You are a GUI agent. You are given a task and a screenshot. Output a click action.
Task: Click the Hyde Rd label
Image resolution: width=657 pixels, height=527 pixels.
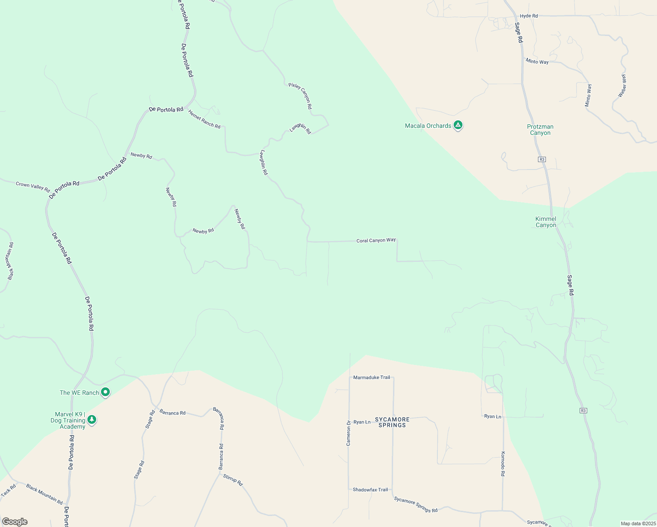pyautogui.click(x=529, y=16)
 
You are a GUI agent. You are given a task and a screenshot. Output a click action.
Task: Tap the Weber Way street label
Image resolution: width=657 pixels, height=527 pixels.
pyautogui.click(x=622, y=86)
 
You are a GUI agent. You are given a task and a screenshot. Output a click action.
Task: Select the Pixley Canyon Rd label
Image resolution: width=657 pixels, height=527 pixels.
pyautogui.click(x=300, y=96)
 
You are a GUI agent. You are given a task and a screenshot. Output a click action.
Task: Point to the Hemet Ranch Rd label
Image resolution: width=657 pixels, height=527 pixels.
pyautogui.click(x=204, y=119)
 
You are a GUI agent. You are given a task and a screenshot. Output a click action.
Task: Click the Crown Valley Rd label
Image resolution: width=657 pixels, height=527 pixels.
pyautogui.click(x=32, y=186)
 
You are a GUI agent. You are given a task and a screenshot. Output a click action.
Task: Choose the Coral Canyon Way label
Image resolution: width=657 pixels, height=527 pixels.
pyautogui.click(x=376, y=241)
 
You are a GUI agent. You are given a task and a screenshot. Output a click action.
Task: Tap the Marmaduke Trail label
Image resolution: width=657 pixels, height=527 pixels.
pyautogui.click(x=372, y=377)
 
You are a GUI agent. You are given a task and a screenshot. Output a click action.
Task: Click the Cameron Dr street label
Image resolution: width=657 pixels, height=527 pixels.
pyautogui.click(x=349, y=433)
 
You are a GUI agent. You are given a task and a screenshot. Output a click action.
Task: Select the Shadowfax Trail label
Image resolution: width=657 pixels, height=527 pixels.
pyautogui.click(x=370, y=490)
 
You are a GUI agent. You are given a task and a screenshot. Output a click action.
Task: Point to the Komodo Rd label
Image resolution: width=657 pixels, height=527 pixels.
pyautogui.click(x=503, y=464)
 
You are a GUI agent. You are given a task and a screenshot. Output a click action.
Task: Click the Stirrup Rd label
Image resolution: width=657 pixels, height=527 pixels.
pyautogui.click(x=233, y=480)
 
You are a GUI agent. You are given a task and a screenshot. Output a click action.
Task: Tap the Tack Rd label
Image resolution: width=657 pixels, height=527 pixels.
pyautogui.click(x=8, y=491)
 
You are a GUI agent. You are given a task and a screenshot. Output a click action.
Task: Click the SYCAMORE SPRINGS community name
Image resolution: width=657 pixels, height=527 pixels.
pyautogui.click(x=392, y=422)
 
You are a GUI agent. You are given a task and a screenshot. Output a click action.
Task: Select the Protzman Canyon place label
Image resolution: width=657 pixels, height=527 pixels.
pyautogui.click(x=540, y=130)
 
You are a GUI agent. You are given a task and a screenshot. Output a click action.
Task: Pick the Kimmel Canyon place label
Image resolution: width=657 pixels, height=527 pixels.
pyautogui.click(x=546, y=222)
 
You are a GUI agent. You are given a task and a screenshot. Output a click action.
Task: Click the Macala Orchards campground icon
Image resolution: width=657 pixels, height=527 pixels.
pyautogui.click(x=458, y=126)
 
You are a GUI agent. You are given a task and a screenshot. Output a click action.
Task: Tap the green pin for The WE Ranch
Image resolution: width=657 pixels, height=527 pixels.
pyautogui.click(x=105, y=392)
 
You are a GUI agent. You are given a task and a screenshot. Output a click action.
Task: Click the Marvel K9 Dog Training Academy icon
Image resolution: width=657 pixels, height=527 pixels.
pyautogui.click(x=92, y=420)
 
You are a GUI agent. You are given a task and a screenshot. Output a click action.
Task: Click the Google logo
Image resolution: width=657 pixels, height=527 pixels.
pyautogui.click(x=14, y=522)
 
